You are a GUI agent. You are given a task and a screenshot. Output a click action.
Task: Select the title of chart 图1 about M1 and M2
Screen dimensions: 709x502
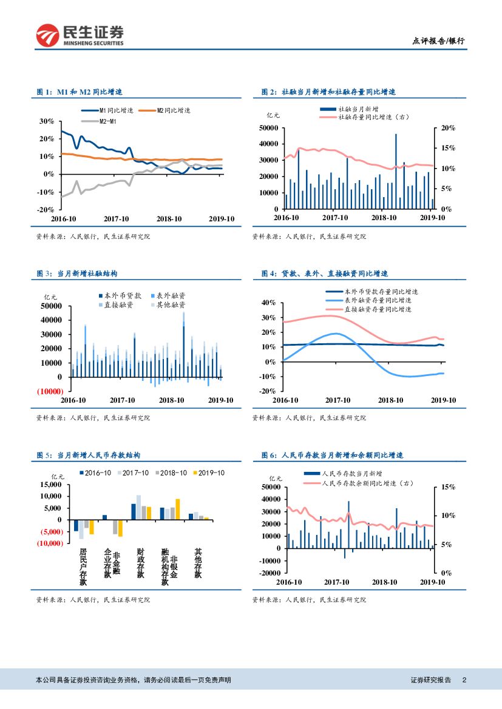point(80,92)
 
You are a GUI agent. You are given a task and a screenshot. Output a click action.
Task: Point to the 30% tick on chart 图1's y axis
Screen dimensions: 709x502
point(46,121)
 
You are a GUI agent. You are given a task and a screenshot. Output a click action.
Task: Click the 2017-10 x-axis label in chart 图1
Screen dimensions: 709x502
point(117,219)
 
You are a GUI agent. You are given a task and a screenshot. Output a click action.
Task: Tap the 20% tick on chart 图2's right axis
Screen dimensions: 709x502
point(448,128)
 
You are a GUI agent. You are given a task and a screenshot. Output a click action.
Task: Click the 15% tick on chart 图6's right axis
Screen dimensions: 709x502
point(448,487)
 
